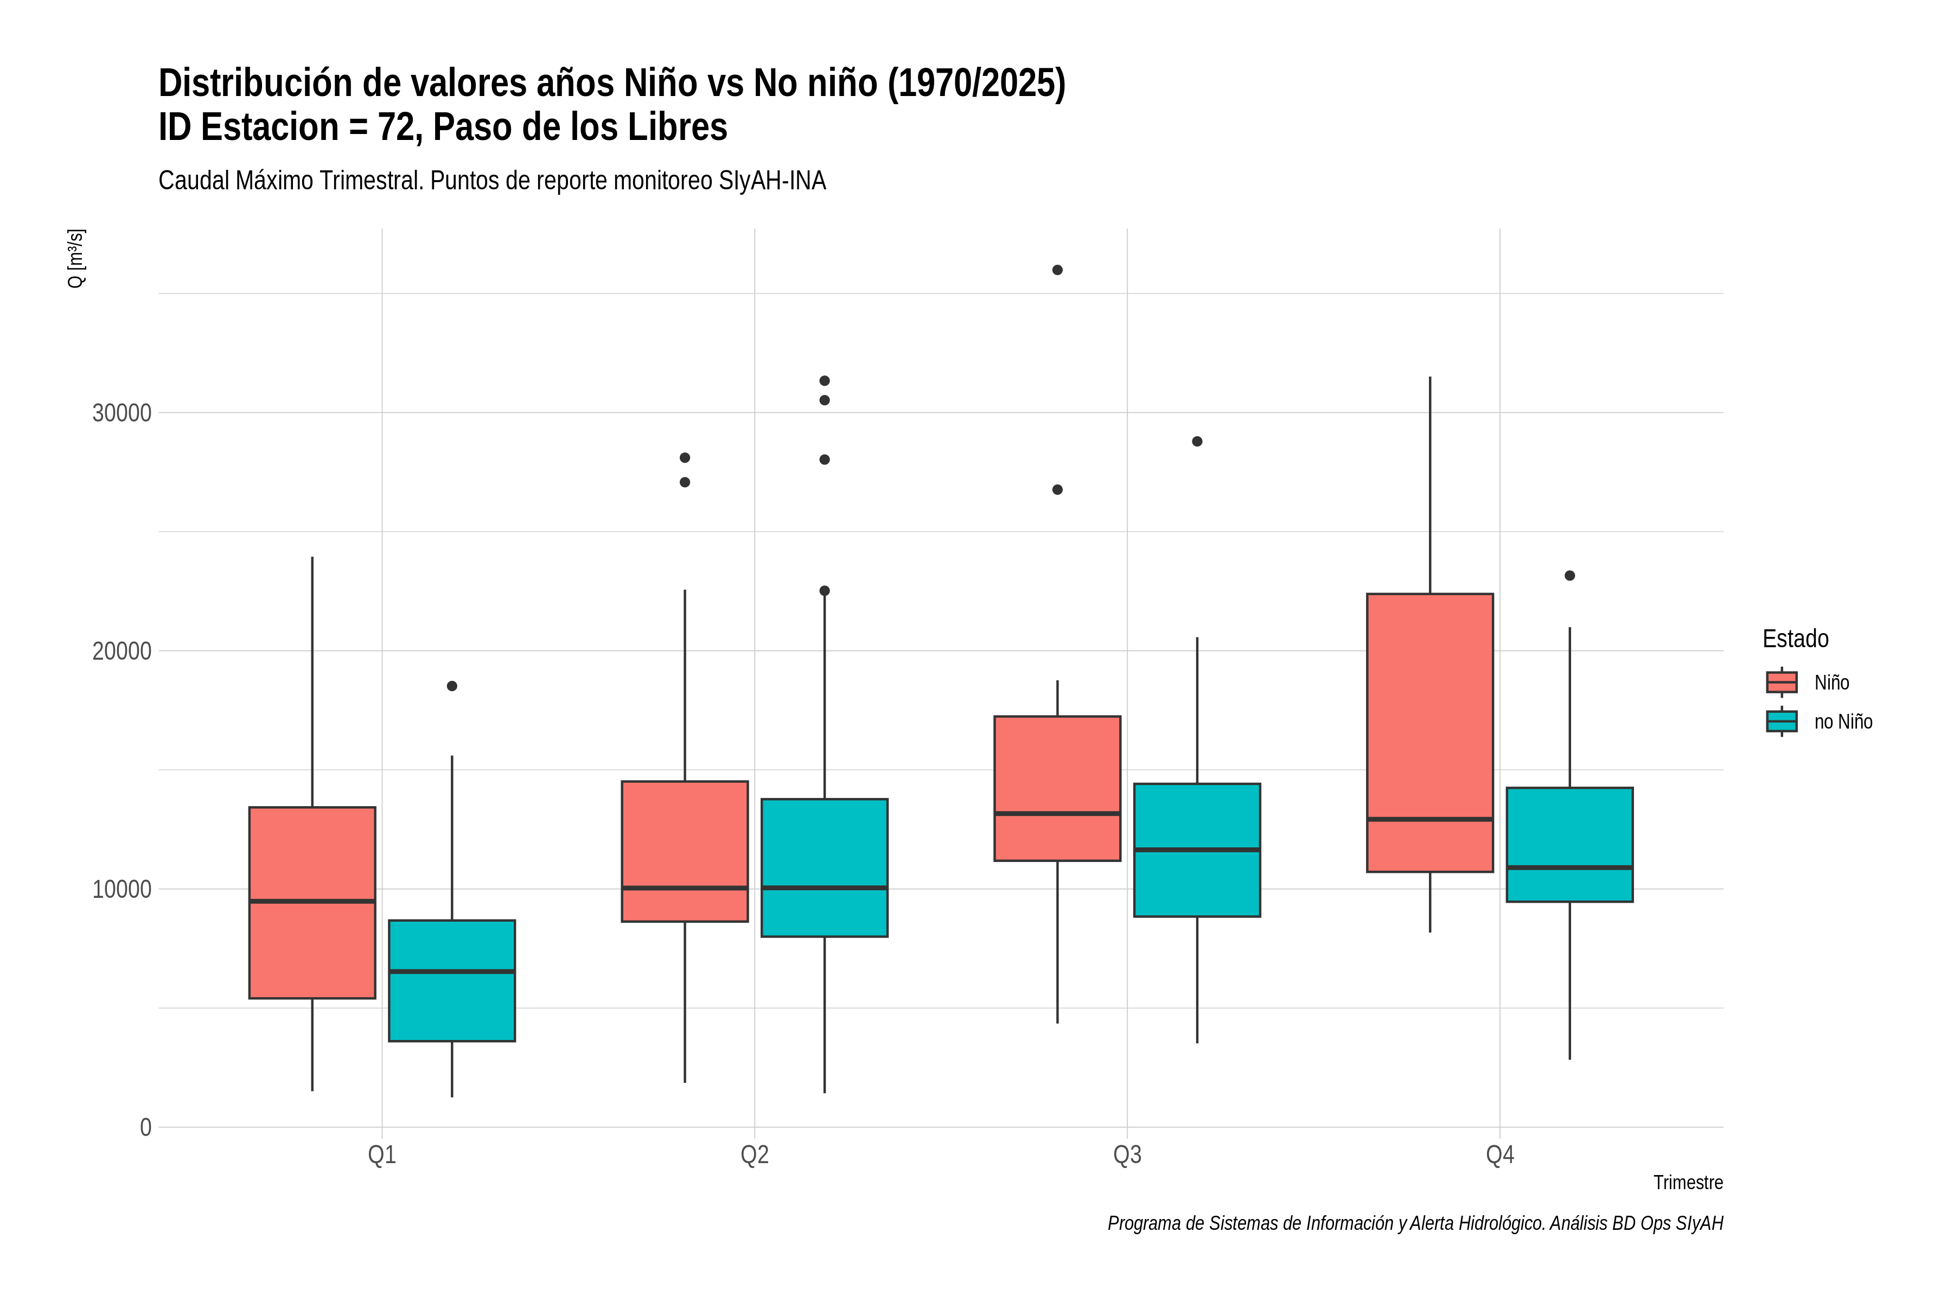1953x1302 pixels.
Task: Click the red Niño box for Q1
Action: [312, 903]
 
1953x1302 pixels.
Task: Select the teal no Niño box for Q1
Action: [452, 981]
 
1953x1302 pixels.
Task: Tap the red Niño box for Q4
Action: [1430, 732]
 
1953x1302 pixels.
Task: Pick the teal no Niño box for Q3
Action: [1197, 850]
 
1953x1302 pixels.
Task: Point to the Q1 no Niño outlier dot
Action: [452, 686]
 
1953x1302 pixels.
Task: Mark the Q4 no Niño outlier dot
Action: [1569, 576]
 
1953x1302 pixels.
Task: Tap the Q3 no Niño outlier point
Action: [1197, 442]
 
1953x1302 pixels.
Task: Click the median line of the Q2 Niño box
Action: [685, 888]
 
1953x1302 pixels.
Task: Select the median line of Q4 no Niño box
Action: [1569, 867]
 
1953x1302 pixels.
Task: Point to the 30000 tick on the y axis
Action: [122, 413]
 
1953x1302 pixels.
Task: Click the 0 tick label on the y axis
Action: [146, 1127]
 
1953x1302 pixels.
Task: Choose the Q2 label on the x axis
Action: [755, 1155]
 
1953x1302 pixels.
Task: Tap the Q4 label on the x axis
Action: [1499, 1155]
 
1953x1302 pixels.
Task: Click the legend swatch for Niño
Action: [1782, 682]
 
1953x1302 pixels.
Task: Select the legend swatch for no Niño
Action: [1782, 722]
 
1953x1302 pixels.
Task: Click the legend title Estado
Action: [1795, 639]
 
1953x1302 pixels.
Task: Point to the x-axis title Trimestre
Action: [1688, 1183]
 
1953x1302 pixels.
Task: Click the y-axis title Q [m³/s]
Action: [75, 258]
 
